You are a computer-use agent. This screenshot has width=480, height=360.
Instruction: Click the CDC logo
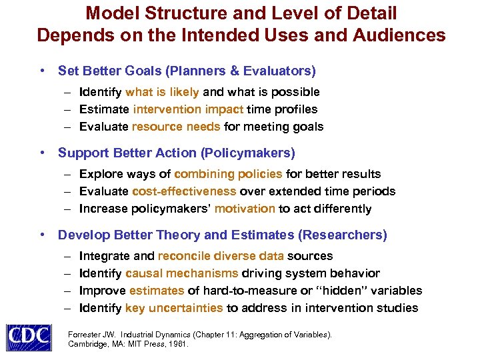28,337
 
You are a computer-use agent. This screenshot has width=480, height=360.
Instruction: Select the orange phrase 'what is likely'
162,92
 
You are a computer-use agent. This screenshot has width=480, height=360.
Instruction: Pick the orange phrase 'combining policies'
228,174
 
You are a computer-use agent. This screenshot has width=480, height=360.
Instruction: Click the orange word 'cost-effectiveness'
184,191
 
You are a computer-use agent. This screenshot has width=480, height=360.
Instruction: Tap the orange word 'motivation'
245,209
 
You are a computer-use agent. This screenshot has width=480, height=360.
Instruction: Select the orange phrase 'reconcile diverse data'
221,256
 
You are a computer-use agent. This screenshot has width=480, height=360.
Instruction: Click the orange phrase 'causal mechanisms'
181,273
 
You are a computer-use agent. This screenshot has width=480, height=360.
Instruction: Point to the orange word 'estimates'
157,291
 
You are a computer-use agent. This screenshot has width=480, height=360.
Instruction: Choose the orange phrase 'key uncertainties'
174,308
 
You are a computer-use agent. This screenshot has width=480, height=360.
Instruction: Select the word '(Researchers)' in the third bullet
343,235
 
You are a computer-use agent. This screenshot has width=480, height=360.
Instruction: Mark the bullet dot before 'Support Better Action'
42,153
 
